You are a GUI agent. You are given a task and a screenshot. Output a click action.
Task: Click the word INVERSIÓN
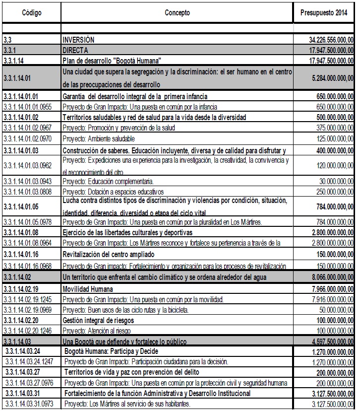[78, 39]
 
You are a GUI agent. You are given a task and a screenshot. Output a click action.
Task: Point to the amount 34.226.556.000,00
[330, 39]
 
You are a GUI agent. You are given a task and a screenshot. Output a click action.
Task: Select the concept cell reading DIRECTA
[75, 50]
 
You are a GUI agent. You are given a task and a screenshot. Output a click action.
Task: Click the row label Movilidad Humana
[87, 289]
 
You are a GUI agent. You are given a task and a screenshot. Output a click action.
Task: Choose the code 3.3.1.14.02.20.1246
[31, 330]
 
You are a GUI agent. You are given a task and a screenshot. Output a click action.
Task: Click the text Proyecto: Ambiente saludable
[98, 138]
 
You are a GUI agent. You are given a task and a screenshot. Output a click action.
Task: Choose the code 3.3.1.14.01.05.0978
[31, 221]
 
